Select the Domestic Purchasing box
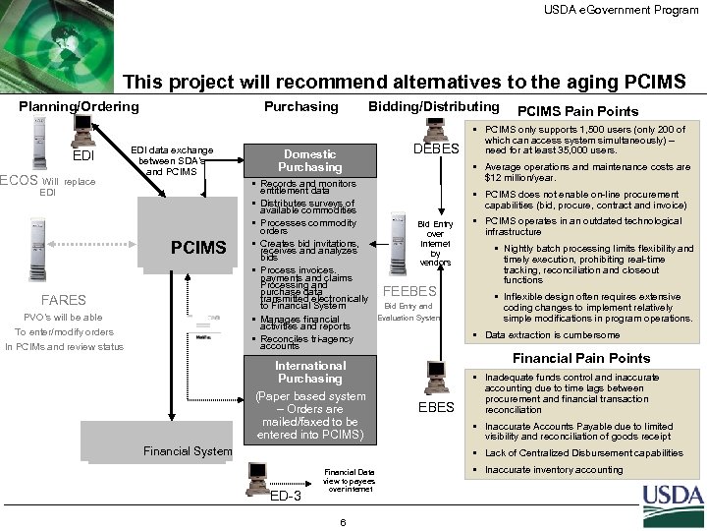click(309, 160)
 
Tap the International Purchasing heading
click(309, 372)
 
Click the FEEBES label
click(408, 291)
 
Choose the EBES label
click(436, 406)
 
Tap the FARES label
click(64, 300)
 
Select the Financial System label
click(188, 452)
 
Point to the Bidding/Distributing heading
click(432, 106)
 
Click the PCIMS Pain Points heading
click(576, 111)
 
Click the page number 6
click(340, 520)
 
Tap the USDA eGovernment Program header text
click(622, 9)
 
